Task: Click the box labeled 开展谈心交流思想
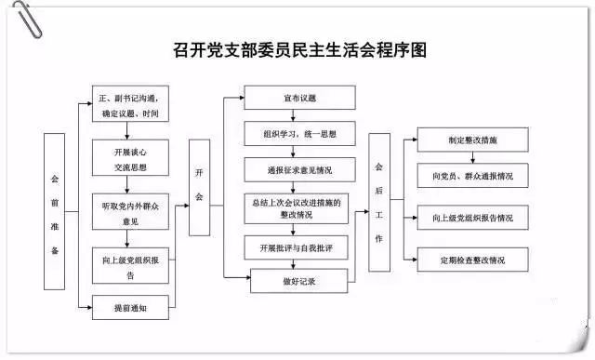(130, 161)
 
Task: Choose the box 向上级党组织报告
(130, 268)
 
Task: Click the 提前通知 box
(130, 307)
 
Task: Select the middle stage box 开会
(199, 185)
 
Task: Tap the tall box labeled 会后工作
(379, 202)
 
